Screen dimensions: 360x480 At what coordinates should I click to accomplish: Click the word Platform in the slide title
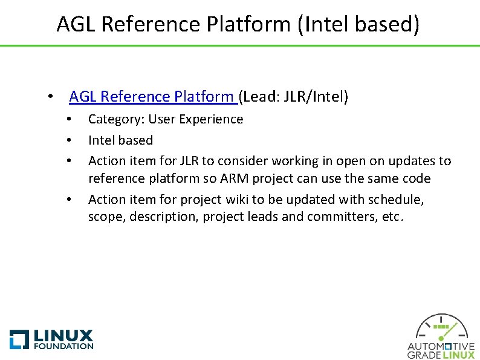[248, 24]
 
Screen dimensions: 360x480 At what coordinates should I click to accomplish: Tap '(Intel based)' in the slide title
[357, 24]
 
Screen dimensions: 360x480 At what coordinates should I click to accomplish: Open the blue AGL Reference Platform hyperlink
[152, 97]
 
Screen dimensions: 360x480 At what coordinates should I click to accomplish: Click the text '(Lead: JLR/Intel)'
[294, 97]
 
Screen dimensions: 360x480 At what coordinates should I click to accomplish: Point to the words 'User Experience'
[196, 119]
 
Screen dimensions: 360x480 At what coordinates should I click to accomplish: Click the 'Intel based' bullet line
[120, 140]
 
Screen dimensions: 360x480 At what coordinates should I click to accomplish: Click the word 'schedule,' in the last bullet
[396, 200]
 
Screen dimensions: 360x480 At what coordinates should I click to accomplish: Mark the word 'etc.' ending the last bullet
[391, 217]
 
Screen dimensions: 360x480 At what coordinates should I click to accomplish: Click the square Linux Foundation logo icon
[19, 339]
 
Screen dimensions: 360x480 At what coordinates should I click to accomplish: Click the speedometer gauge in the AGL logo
[441, 329]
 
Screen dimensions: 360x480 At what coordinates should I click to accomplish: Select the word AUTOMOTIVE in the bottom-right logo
[441, 347]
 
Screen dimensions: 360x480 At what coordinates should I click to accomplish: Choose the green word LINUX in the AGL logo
[459, 355]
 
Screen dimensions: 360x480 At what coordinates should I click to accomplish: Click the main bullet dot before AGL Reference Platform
[53, 97]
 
